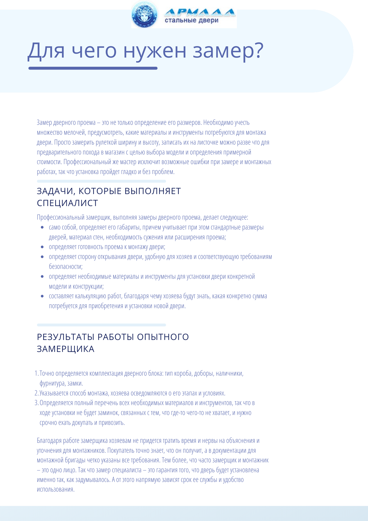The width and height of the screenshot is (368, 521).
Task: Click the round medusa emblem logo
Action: (145, 15)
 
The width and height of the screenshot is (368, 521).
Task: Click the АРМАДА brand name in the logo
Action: (200, 12)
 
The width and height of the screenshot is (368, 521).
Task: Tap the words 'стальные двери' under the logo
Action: (192, 21)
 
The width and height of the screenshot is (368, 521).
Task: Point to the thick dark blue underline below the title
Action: (93, 68)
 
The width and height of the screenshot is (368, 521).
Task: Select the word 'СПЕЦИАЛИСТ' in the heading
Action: (67, 203)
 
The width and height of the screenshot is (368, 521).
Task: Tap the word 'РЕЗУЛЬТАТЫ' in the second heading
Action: (66, 337)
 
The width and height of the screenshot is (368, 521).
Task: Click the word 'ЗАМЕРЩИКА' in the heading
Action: (66, 349)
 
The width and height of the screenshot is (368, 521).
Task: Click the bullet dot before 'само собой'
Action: (42, 227)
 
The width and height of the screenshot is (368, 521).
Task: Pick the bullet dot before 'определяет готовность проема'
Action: (42, 247)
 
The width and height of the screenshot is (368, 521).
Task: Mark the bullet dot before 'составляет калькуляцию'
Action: (42, 296)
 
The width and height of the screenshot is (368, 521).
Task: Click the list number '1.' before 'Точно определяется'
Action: (36, 374)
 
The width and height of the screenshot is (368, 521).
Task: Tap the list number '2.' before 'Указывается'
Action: (36, 393)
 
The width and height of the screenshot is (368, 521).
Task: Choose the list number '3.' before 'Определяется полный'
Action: (36, 403)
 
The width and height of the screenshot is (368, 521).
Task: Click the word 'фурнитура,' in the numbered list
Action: (53, 383)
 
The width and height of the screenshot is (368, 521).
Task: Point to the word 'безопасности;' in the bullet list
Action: (66, 267)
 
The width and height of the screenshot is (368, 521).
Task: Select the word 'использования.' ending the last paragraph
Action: (56, 489)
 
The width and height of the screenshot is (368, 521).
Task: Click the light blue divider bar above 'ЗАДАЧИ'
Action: (101, 181)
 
